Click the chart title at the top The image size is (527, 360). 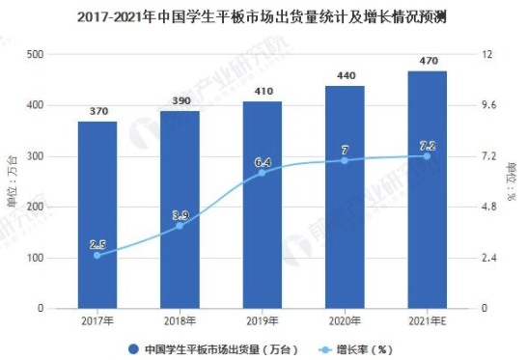click(x=263, y=16)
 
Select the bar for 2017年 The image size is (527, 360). click(x=97, y=214)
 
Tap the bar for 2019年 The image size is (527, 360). click(x=262, y=205)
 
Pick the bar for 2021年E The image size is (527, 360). click(x=426, y=189)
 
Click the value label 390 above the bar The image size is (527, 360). click(x=180, y=100)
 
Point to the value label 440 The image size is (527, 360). click(x=344, y=75)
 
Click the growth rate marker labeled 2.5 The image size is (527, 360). click(x=97, y=255)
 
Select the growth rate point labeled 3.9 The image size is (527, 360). click(x=180, y=226)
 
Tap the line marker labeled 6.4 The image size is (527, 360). click(x=262, y=173)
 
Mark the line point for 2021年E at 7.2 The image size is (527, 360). click(x=426, y=155)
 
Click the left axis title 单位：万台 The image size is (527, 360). click(x=12, y=181)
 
